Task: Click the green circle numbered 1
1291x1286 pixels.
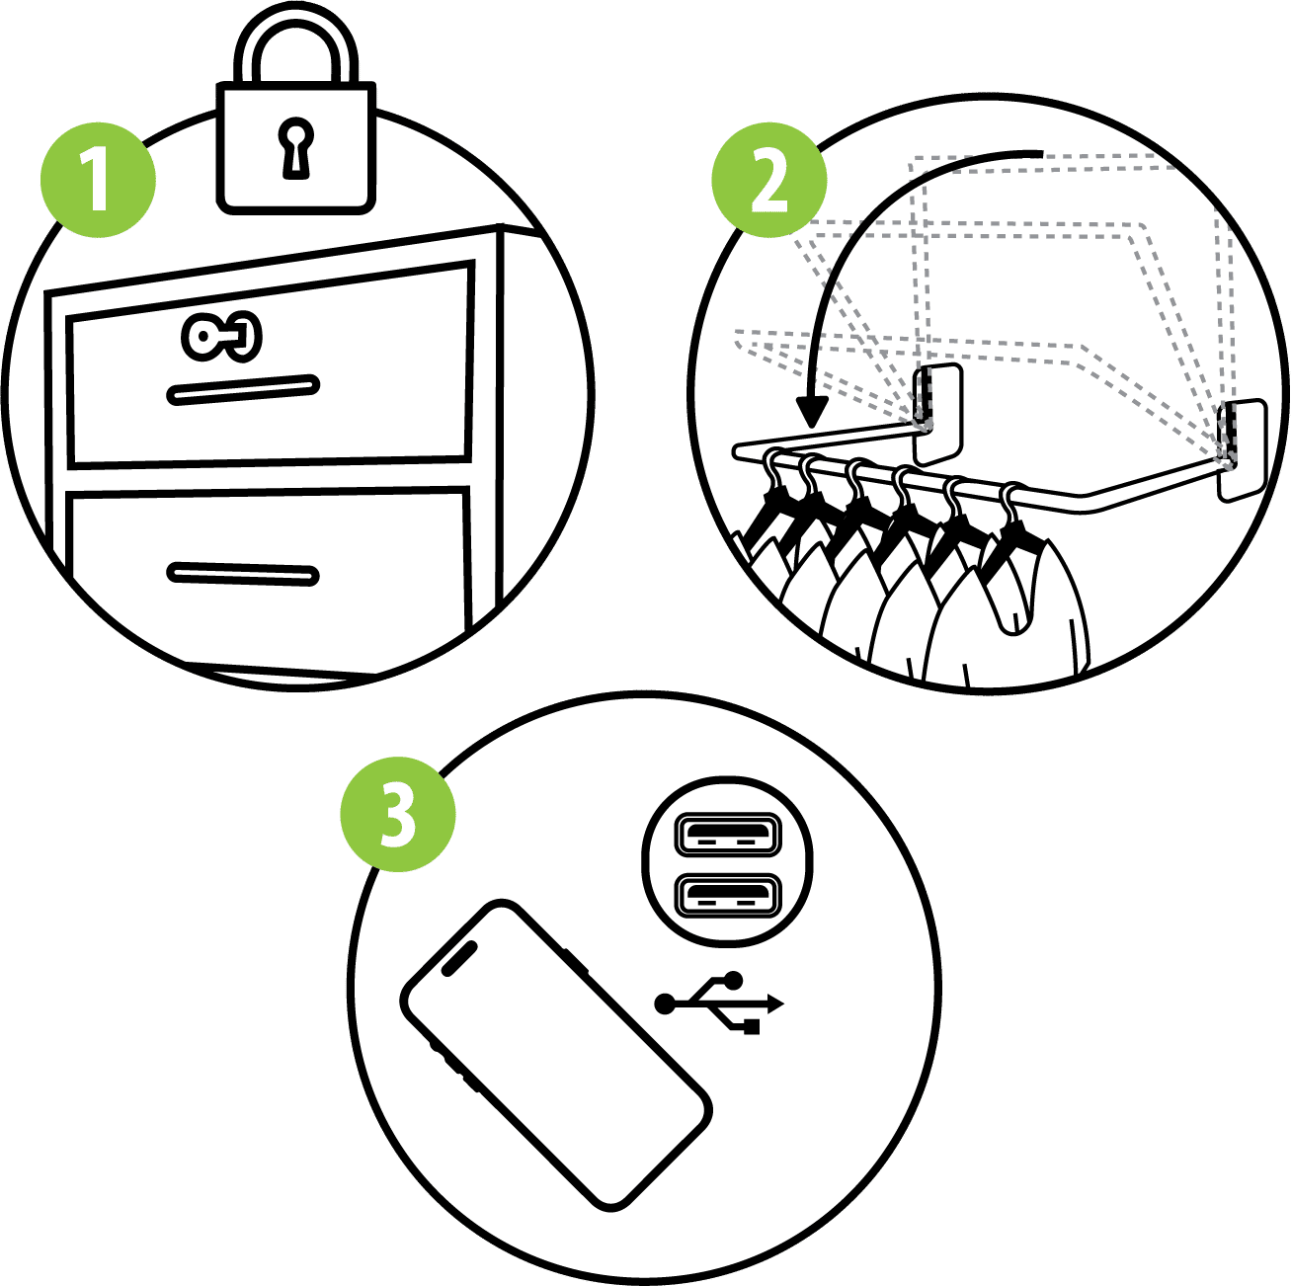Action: (x=99, y=180)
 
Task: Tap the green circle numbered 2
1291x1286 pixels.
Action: (x=769, y=180)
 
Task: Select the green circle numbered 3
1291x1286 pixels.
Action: (x=398, y=814)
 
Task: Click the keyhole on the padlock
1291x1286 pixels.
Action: (x=295, y=149)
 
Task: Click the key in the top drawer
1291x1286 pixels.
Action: (x=221, y=336)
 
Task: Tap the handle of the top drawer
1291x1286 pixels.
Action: (x=243, y=390)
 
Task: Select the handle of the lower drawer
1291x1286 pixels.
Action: (x=243, y=574)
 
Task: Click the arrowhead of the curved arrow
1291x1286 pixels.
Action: (x=811, y=411)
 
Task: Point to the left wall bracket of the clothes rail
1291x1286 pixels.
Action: (x=939, y=414)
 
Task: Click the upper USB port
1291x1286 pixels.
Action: (x=728, y=835)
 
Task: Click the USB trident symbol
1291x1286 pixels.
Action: (x=719, y=1002)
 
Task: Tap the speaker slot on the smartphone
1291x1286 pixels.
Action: (x=459, y=958)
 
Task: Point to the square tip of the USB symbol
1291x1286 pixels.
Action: (x=752, y=1026)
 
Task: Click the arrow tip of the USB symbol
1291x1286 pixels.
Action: (x=777, y=1004)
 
